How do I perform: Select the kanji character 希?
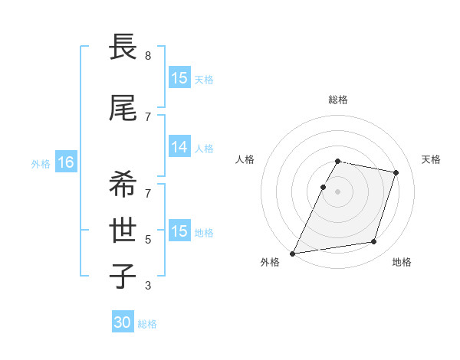(x=123, y=185)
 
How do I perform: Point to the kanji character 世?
(x=123, y=230)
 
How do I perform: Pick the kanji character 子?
(x=123, y=276)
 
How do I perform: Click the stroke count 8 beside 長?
(x=148, y=56)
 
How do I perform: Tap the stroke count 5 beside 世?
(x=148, y=240)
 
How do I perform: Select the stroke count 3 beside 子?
(x=148, y=286)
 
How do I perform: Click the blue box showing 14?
(x=179, y=147)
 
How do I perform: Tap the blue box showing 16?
(x=65, y=162)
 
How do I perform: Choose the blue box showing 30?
(x=123, y=323)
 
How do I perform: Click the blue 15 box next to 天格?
(x=179, y=78)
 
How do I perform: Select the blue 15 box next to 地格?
(x=179, y=231)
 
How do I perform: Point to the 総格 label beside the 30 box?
(x=147, y=324)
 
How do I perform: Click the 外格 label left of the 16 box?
(x=41, y=163)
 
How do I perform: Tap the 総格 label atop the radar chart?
(x=338, y=100)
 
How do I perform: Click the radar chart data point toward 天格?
(x=396, y=172)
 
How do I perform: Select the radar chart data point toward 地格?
(x=374, y=242)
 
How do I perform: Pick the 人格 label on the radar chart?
(x=245, y=159)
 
